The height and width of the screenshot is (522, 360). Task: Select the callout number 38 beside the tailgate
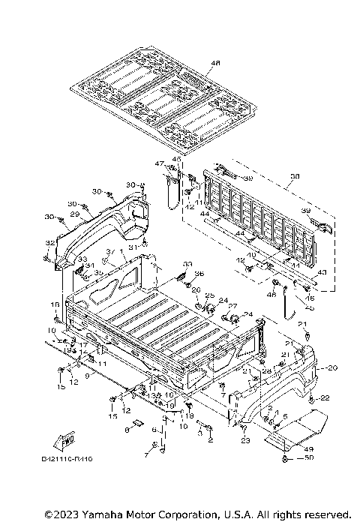pyautogui.click(x=294, y=177)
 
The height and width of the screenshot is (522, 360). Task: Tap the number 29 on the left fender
pyautogui.click(x=74, y=214)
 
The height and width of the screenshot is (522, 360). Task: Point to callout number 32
pyautogui.click(x=50, y=243)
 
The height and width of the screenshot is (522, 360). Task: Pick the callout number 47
pyautogui.click(x=159, y=163)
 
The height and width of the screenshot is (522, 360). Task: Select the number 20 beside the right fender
pyautogui.click(x=332, y=367)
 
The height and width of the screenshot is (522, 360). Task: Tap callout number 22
pyautogui.click(x=325, y=397)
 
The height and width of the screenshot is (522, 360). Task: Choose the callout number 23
pyautogui.click(x=245, y=440)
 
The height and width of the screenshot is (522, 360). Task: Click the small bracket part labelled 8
pyautogui.click(x=128, y=430)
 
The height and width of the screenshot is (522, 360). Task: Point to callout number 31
pyautogui.click(x=131, y=247)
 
